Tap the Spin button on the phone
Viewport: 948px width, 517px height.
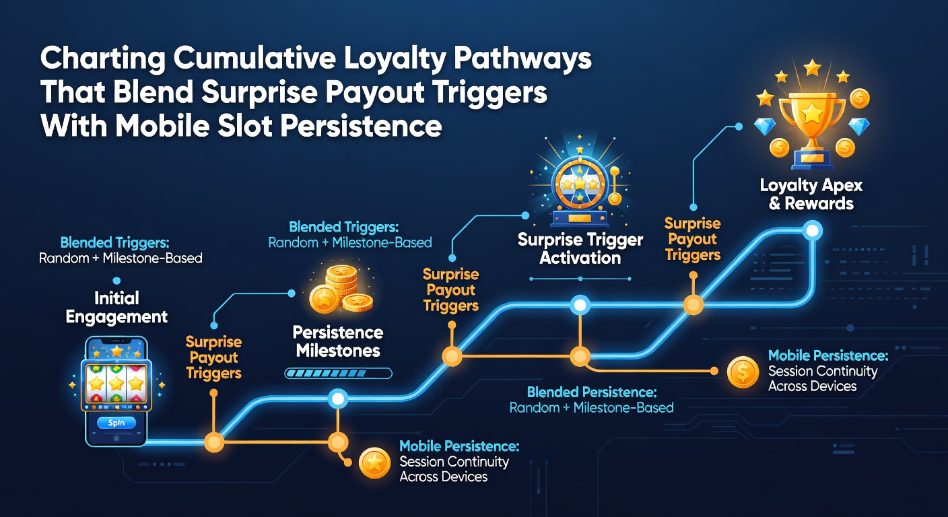(116, 423)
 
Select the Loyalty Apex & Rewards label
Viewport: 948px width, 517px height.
(811, 194)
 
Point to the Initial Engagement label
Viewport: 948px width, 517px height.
(116, 308)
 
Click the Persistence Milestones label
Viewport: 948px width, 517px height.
(338, 341)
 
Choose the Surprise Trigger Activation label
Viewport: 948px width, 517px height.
(580, 249)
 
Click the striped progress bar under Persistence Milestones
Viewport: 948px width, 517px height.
(338, 373)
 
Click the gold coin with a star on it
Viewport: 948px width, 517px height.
(374, 463)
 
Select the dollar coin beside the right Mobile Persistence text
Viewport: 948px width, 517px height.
(743, 372)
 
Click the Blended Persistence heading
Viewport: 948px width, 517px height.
(592, 392)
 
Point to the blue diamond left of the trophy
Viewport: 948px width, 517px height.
(765, 127)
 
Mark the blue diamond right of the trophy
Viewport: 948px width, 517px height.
(859, 127)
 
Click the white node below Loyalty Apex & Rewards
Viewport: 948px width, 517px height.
(813, 231)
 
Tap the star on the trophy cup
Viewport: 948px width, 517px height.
(813, 113)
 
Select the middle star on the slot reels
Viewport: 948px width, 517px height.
(116, 384)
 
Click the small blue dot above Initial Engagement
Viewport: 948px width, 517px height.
(116, 281)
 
